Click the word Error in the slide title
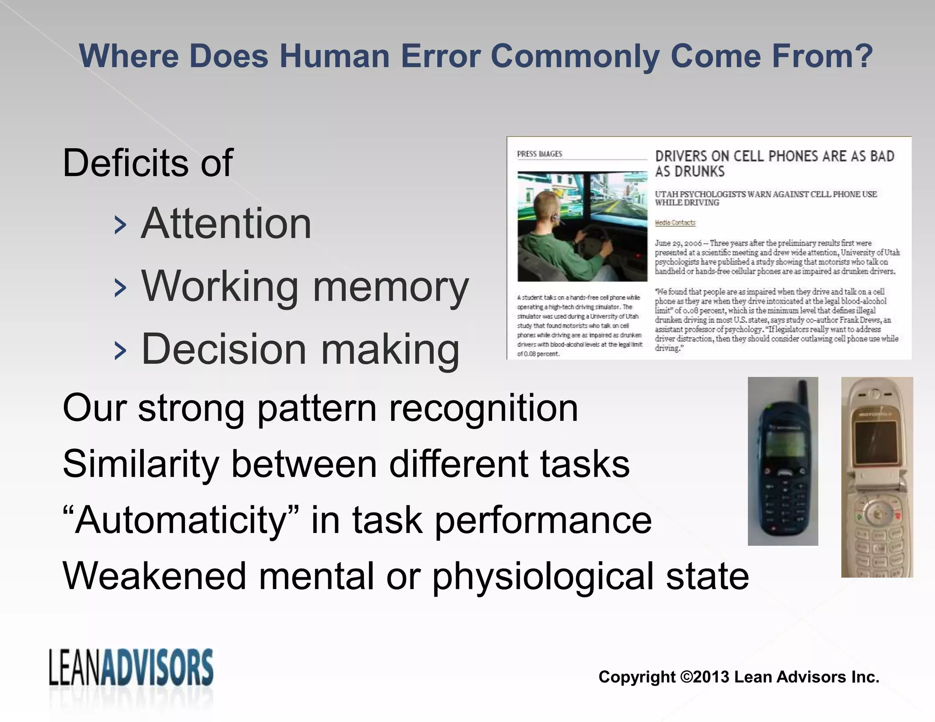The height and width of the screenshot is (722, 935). click(440, 56)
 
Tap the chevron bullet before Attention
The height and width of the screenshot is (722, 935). click(120, 225)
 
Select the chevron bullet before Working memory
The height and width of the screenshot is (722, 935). click(120, 288)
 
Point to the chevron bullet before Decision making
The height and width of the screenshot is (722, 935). click(120, 351)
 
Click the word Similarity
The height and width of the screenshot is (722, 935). click(141, 464)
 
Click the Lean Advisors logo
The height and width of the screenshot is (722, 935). click(131, 668)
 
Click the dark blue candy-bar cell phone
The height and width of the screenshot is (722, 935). click(783, 470)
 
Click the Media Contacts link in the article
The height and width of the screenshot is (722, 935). click(675, 222)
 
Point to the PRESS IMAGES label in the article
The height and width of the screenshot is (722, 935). click(539, 154)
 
